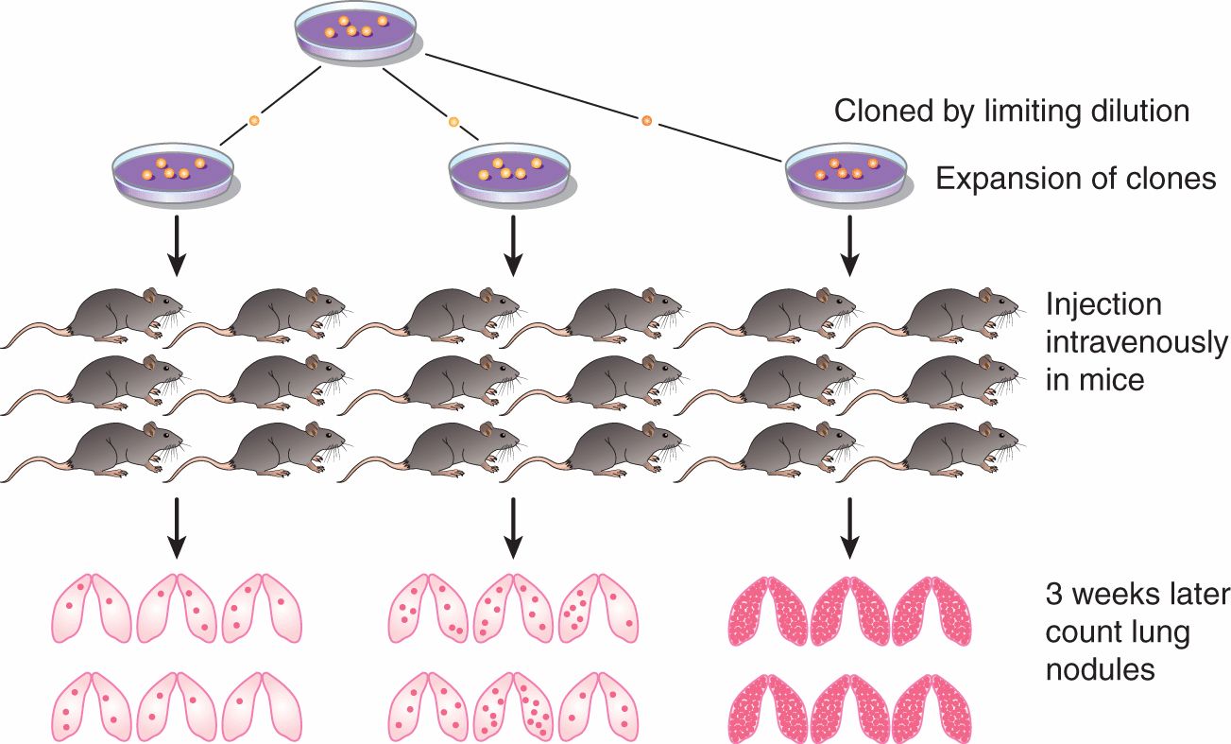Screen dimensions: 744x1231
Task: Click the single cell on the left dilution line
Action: [253, 121]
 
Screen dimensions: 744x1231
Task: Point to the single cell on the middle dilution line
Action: [453, 122]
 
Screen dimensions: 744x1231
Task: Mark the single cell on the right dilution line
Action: [647, 120]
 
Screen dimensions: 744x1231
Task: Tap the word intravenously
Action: [1137, 342]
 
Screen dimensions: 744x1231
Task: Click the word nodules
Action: [1100, 669]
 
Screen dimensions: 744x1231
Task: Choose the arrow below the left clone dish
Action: [176, 246]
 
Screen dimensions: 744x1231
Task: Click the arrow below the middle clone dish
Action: [512, 246]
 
